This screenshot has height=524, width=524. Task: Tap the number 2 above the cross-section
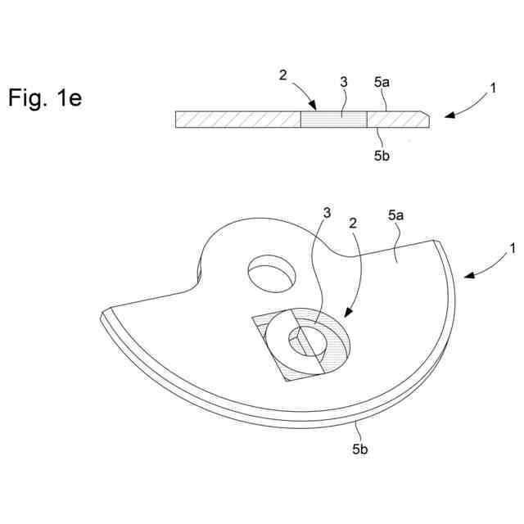click(283, 75)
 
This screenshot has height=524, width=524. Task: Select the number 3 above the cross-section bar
click(345, 83)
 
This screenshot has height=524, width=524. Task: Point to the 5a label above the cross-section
click(382, 83)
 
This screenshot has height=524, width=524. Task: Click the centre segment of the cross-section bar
click(334, 120)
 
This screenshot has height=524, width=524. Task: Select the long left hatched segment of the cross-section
click(238, 120)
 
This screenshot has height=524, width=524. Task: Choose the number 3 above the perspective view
click(327, 213)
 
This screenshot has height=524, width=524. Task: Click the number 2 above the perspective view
click(354, 223)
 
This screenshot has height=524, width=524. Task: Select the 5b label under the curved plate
click(360, 449)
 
